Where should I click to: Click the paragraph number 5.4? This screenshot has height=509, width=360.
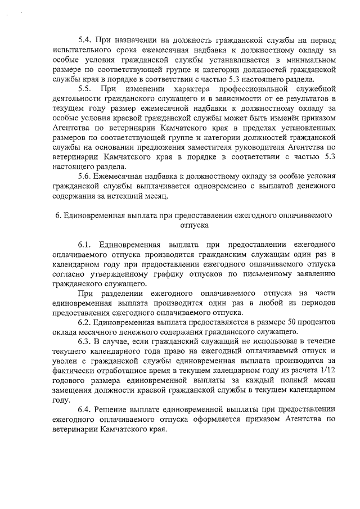84,40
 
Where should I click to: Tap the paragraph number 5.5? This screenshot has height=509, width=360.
84,89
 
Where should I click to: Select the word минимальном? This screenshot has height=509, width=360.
309,60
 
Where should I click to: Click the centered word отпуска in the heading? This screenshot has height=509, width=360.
194,225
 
